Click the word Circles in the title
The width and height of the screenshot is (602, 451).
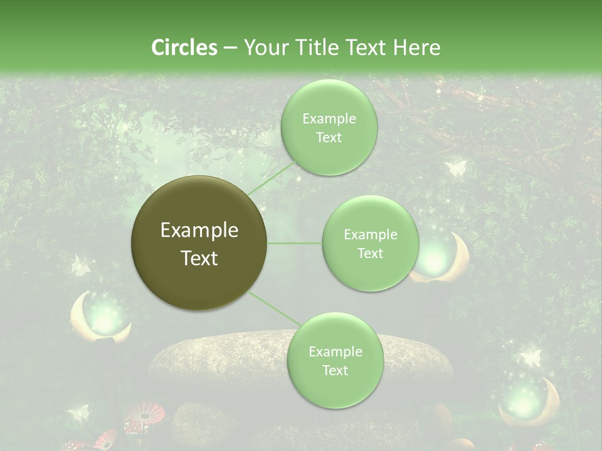184,48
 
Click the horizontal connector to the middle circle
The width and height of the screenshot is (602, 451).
295,243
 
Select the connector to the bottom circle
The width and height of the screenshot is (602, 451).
275,308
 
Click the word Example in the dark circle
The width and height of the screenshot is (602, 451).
199,231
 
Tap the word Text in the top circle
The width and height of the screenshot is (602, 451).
329,138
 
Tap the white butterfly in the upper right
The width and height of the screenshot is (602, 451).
455,168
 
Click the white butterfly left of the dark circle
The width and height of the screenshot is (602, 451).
80,266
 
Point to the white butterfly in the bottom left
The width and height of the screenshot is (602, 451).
78,412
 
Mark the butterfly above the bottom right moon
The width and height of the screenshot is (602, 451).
530,358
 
